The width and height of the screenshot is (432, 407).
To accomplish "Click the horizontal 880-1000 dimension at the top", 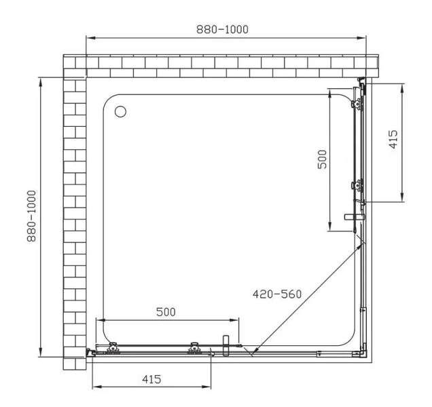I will tap(222, 29).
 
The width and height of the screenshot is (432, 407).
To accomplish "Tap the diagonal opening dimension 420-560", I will tap(276, 294).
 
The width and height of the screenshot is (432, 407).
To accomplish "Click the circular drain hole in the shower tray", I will tap(122, 112).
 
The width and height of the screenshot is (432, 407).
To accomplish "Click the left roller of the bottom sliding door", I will tap(113, 348).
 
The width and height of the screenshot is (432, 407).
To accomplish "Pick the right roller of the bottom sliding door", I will tap(195, 348).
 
